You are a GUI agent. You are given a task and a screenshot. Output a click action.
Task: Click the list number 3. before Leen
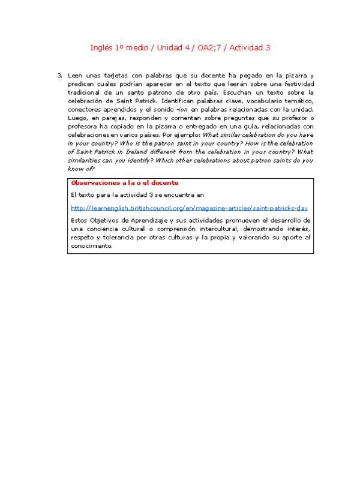pos(59,76)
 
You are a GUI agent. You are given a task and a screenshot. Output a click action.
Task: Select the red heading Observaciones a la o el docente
pos(124,182)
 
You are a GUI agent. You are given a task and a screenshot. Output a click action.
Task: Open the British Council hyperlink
pos(189,208)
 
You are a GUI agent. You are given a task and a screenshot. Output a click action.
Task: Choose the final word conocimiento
pos(91,246)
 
